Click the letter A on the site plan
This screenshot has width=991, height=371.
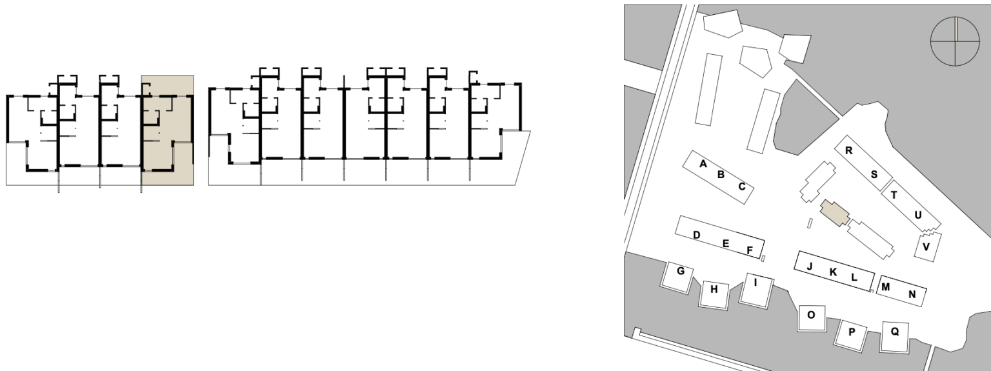(x=703, y=164)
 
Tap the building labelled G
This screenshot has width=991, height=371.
(x=677, y=277)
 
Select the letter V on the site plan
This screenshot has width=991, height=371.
(x=926, y=246)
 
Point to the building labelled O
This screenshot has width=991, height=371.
(x=812, y=318)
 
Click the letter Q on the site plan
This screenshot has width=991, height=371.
(x=895, y=331)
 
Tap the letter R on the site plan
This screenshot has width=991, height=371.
(x=848, y=150)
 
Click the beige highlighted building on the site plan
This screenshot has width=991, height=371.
(x=835, y=213)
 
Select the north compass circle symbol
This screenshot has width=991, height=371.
(x=955, y=41)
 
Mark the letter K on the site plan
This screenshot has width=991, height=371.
(x=833, y=272)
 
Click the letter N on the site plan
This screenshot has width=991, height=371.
(x=912, y=294)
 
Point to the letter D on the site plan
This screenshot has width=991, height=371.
(x=696, y=235)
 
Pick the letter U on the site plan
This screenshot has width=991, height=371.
(x=917, y=215)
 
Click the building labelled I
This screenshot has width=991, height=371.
(x=756, y=290)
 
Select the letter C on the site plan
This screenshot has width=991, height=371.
(x=742, y=186)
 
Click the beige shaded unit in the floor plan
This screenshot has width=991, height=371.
(x=167, y=130)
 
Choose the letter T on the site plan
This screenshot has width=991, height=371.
(x=894, y=195)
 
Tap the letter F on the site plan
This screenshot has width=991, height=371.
(x=750, y=250)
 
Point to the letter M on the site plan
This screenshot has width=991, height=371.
(x=885, y=287)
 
